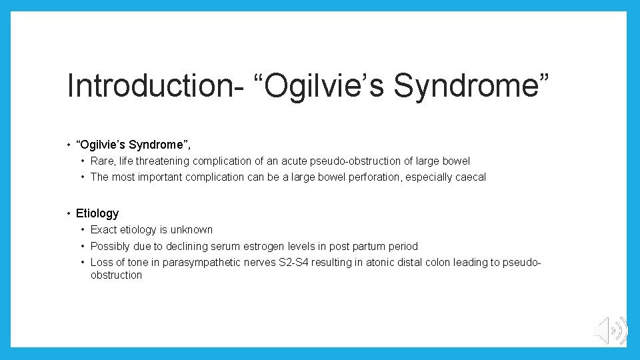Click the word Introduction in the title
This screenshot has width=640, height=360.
(x=151, y=86)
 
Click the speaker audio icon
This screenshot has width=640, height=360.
(x=610, y=330)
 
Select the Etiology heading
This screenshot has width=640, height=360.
(x=97, y=213)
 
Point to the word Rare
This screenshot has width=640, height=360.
(x=102, y=161)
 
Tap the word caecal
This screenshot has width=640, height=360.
(x=469, y=177)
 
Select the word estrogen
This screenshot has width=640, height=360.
(x=271, y=246)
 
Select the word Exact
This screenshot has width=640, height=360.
(x=104, y=229)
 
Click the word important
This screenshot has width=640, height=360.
(x=159, y=177)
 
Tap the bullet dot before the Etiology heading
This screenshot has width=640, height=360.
(x=69, y=213)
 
